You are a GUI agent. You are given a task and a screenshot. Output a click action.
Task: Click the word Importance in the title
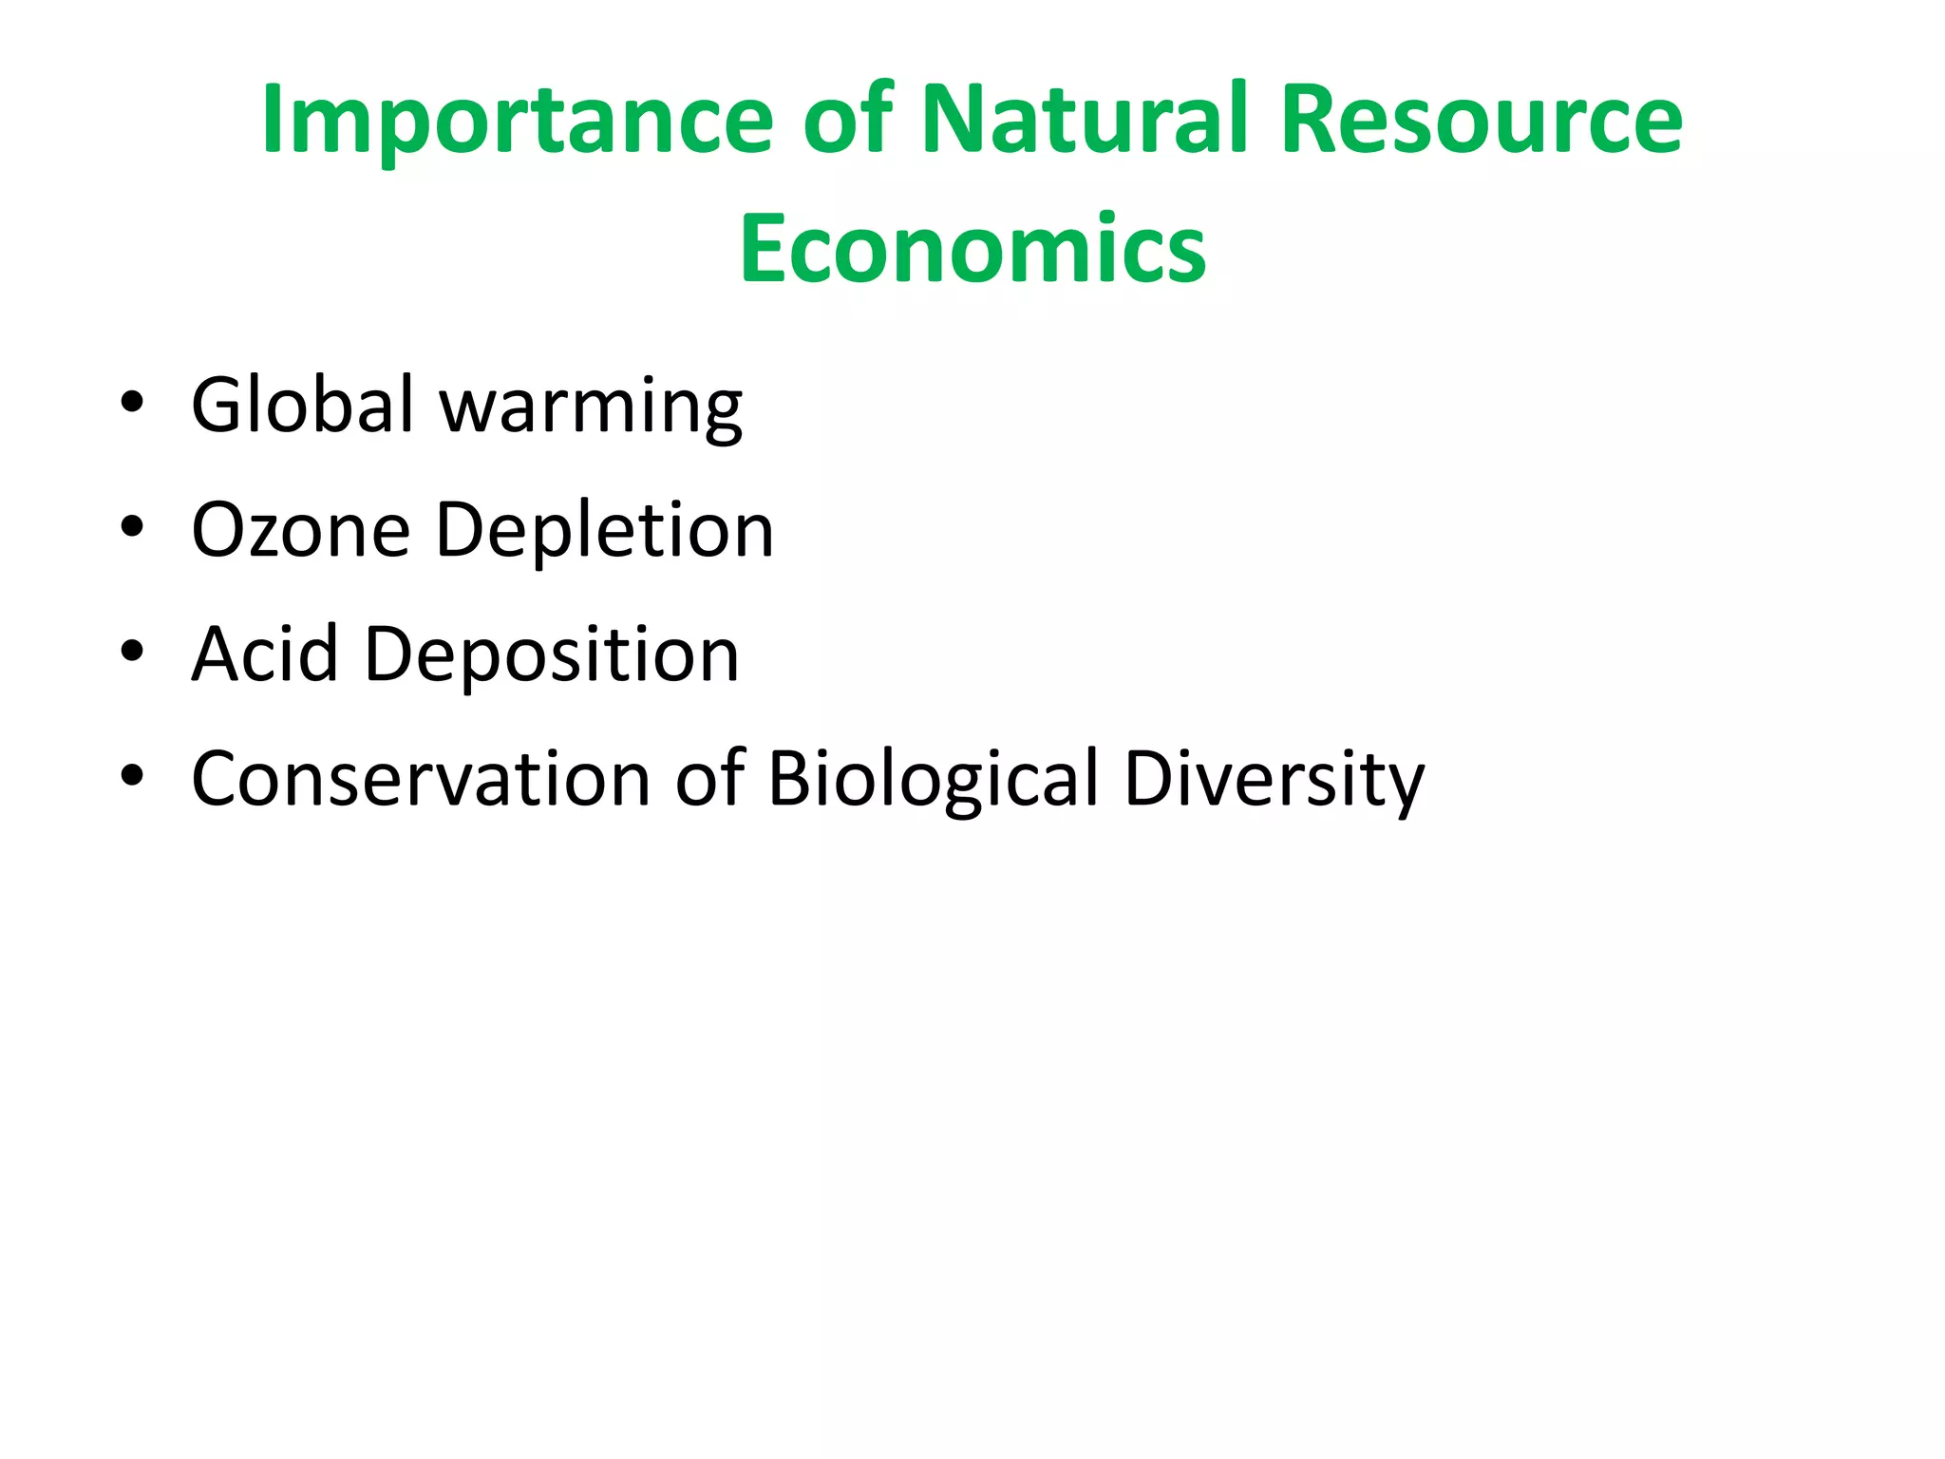[x=518, y=121]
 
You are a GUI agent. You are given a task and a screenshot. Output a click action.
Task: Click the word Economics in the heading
[x=972, y=249]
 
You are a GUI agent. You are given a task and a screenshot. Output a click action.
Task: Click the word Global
[x=303, y=405]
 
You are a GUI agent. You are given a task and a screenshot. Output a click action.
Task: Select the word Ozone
[x=300, y=530]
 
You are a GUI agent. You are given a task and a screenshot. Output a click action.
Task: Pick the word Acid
[x=265, y=654]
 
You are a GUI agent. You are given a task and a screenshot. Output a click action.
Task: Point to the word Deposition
[x=551, y=657]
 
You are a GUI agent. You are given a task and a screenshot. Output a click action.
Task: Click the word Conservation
[x=421, y=779]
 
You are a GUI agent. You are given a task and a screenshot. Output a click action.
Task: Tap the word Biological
[x=933, y=781]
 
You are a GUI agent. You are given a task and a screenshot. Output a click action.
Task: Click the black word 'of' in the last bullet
[x=709, y=779]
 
